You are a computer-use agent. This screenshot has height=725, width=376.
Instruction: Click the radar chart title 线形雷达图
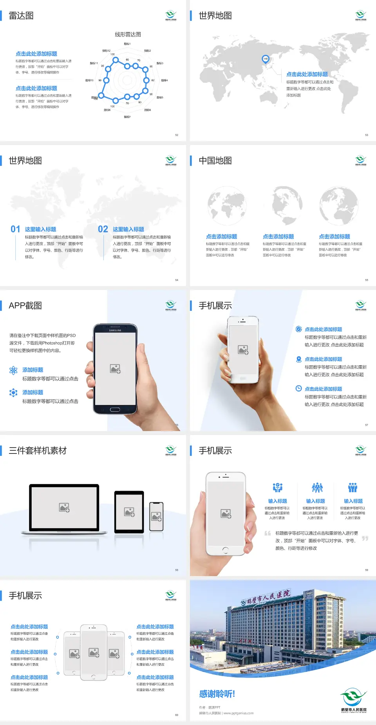pyautogui.click(x=128, y=34)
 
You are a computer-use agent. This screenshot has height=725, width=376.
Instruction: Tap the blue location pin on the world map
pyautogui.click(x=265, y=59)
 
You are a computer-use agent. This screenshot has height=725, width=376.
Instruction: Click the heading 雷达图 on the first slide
pyautogui.click(x=21, y=16)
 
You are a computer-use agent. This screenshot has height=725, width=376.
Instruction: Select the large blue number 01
pyautogui.click(x=15, y=229)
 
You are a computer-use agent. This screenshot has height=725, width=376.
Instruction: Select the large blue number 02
pyautogui.click(x=103, y=229)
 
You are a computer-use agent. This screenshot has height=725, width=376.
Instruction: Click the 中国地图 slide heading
pyautogui.click(x=215, y=161)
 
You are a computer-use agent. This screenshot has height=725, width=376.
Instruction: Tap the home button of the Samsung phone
pyautogui.click(x=115, y=410)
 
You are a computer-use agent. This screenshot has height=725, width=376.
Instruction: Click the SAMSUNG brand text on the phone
pyautogui.click(x=115, y=330)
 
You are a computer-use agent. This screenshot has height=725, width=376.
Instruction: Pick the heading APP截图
pyautogui.click(x=25, y=306)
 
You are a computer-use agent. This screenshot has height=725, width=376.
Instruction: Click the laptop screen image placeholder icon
pyautogui.click(x=64, y=507)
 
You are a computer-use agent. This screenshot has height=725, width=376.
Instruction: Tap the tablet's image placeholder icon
pyautogui.click(x=129, y=512)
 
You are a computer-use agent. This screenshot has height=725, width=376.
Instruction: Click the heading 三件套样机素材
pyautogui.click(x=38, y=451)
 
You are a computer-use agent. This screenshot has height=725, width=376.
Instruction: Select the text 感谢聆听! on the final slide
pyautogui.click(x=217, y=694)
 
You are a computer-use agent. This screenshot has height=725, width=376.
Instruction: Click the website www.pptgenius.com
pyautogui.click(x=239, y=713)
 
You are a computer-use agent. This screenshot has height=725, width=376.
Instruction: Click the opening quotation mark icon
pyautogui.click(x=268, y=533)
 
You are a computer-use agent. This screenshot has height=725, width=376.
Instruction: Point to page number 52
pyautogui.click(x=177, y=135)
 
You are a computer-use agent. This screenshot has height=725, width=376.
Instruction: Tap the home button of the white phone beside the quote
pyautogui.click(x=225, y=550)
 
